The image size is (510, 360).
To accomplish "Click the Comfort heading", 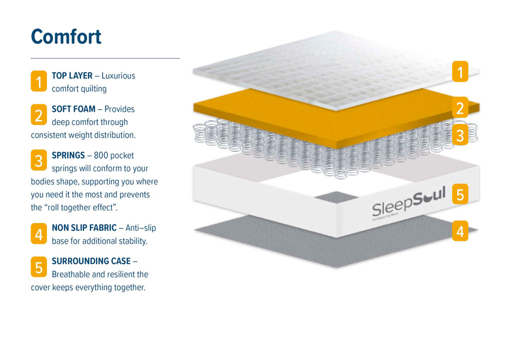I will click(x=66, y=37).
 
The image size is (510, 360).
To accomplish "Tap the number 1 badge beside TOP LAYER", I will click(x=39, y=81).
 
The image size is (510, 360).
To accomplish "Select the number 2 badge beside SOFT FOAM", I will click(x=39, y=115).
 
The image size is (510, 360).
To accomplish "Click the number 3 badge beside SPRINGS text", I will click(x=39, y=161).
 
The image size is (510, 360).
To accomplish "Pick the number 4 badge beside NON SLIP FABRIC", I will click(x=39, y=233).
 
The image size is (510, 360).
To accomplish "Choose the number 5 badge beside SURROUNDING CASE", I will click(x=39, y=267).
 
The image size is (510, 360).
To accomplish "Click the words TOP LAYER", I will click(x=72, y=76).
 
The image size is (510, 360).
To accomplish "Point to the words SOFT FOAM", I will click(x=74, y=109).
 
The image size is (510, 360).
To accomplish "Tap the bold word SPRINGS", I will click(x=68, y=156).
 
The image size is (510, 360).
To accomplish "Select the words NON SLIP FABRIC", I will click(x=84, y=228).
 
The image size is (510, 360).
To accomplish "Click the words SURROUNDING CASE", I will click(x=91, y=261).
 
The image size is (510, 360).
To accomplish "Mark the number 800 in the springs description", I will click(x=102, y=156).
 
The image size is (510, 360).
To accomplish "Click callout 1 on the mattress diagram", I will click(x=460, y=72).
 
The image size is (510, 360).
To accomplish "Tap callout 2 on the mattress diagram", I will click(x=460, y=108).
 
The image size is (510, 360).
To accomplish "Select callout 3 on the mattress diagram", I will click(x=460, y=135).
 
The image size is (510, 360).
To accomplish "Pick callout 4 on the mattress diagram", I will click(x=460, y=231).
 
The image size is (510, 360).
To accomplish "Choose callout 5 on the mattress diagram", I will click(x=460, y=194).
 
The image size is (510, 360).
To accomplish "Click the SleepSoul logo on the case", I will click(x=408, y=202).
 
